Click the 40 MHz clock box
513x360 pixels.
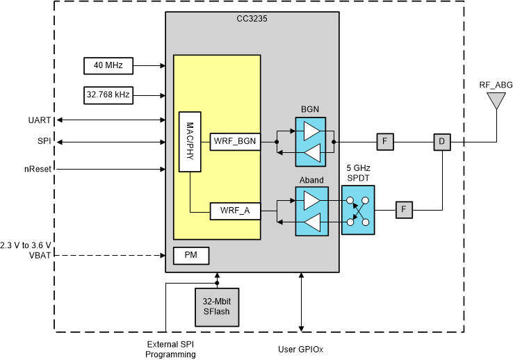coord(103,66)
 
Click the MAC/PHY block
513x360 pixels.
coord(190,142)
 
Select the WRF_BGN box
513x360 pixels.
coord(234,142)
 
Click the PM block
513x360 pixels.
coord(190,255)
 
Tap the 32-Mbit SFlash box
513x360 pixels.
coord(216,306)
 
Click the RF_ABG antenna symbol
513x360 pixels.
coord(496,101)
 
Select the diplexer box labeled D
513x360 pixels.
coord(441,142)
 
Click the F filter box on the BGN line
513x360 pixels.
coord(386,142)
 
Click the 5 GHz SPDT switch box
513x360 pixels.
coord(358,210)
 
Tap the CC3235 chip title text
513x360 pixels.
coord(252,19)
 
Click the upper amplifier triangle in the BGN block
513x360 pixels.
coord(313,131)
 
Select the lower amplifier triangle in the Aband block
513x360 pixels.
coord(313,222)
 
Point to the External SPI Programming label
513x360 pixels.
coord(170,349)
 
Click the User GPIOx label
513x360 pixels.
coord(300,349)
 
